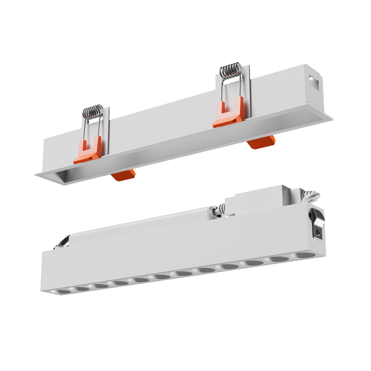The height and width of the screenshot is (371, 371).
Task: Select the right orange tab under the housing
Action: pos(261,141)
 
